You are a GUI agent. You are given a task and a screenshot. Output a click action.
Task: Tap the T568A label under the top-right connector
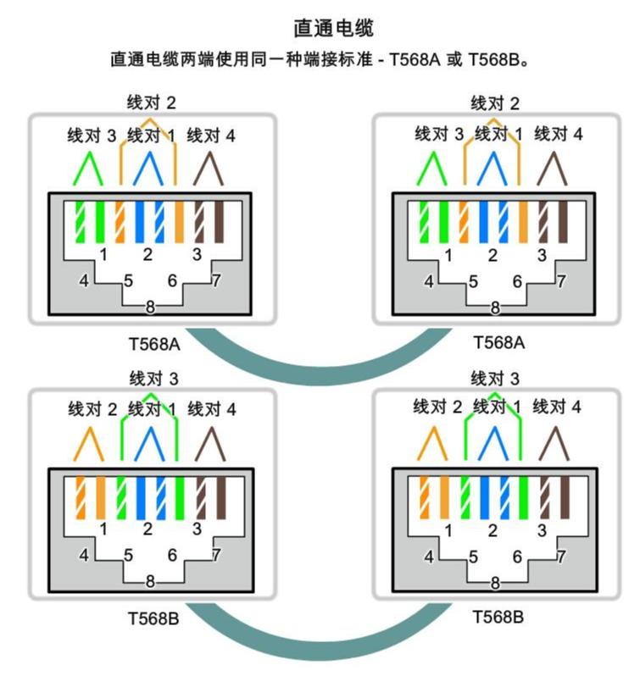click(x=498, y=342)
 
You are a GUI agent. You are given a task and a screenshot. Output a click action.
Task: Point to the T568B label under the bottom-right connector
click(x=498, y=616)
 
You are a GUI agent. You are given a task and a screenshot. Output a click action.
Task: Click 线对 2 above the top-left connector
click(x=152, y=103)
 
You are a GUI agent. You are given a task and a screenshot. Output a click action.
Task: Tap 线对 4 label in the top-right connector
click(x=558, y=134)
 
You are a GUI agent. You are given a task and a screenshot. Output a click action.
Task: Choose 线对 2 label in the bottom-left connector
click(x=92, y=410)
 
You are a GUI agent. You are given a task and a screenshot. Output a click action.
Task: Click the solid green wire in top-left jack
click(x=99, y=223)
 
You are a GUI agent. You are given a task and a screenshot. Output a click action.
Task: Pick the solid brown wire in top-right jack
click(x=565, y=223)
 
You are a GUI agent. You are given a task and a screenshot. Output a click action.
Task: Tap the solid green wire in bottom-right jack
click(x=524, y=498)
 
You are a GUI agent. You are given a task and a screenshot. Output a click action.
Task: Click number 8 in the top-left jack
click(x=150, y=307)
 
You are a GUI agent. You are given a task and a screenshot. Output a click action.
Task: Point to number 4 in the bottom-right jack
click(x=429, y=557)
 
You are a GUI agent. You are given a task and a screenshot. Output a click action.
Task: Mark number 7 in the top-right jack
click(x=561, y=281)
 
